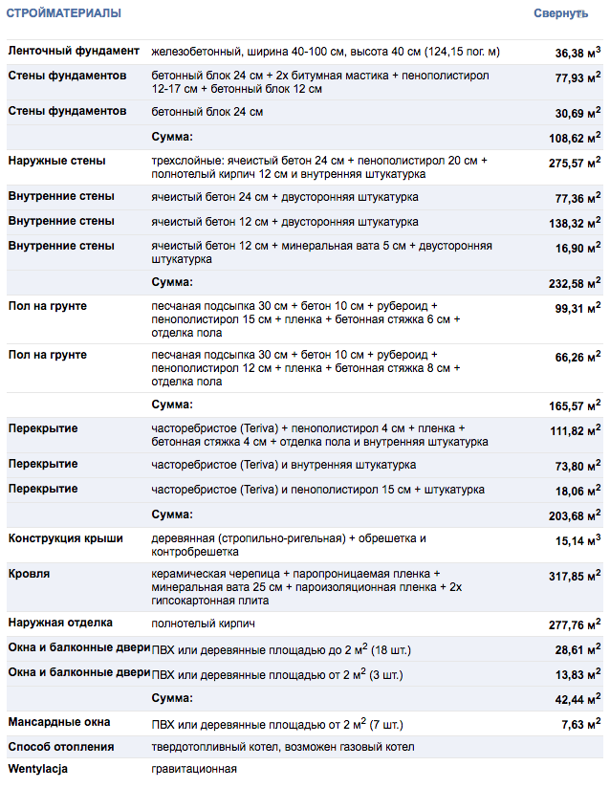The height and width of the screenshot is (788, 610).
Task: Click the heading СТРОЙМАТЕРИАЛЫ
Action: [64, 13]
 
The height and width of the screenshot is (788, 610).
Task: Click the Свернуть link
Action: [560, 13]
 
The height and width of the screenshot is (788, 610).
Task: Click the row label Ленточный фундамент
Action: [74, 51]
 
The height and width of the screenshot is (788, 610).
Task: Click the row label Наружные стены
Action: [56, 161]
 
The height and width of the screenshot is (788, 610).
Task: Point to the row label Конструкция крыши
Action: [65, 538]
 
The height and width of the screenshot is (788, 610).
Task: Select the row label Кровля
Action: [30, 575]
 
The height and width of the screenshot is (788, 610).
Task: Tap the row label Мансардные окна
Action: [59, 722]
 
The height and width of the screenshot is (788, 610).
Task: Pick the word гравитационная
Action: [193, 769]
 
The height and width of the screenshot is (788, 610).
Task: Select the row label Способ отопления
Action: [61, 746]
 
